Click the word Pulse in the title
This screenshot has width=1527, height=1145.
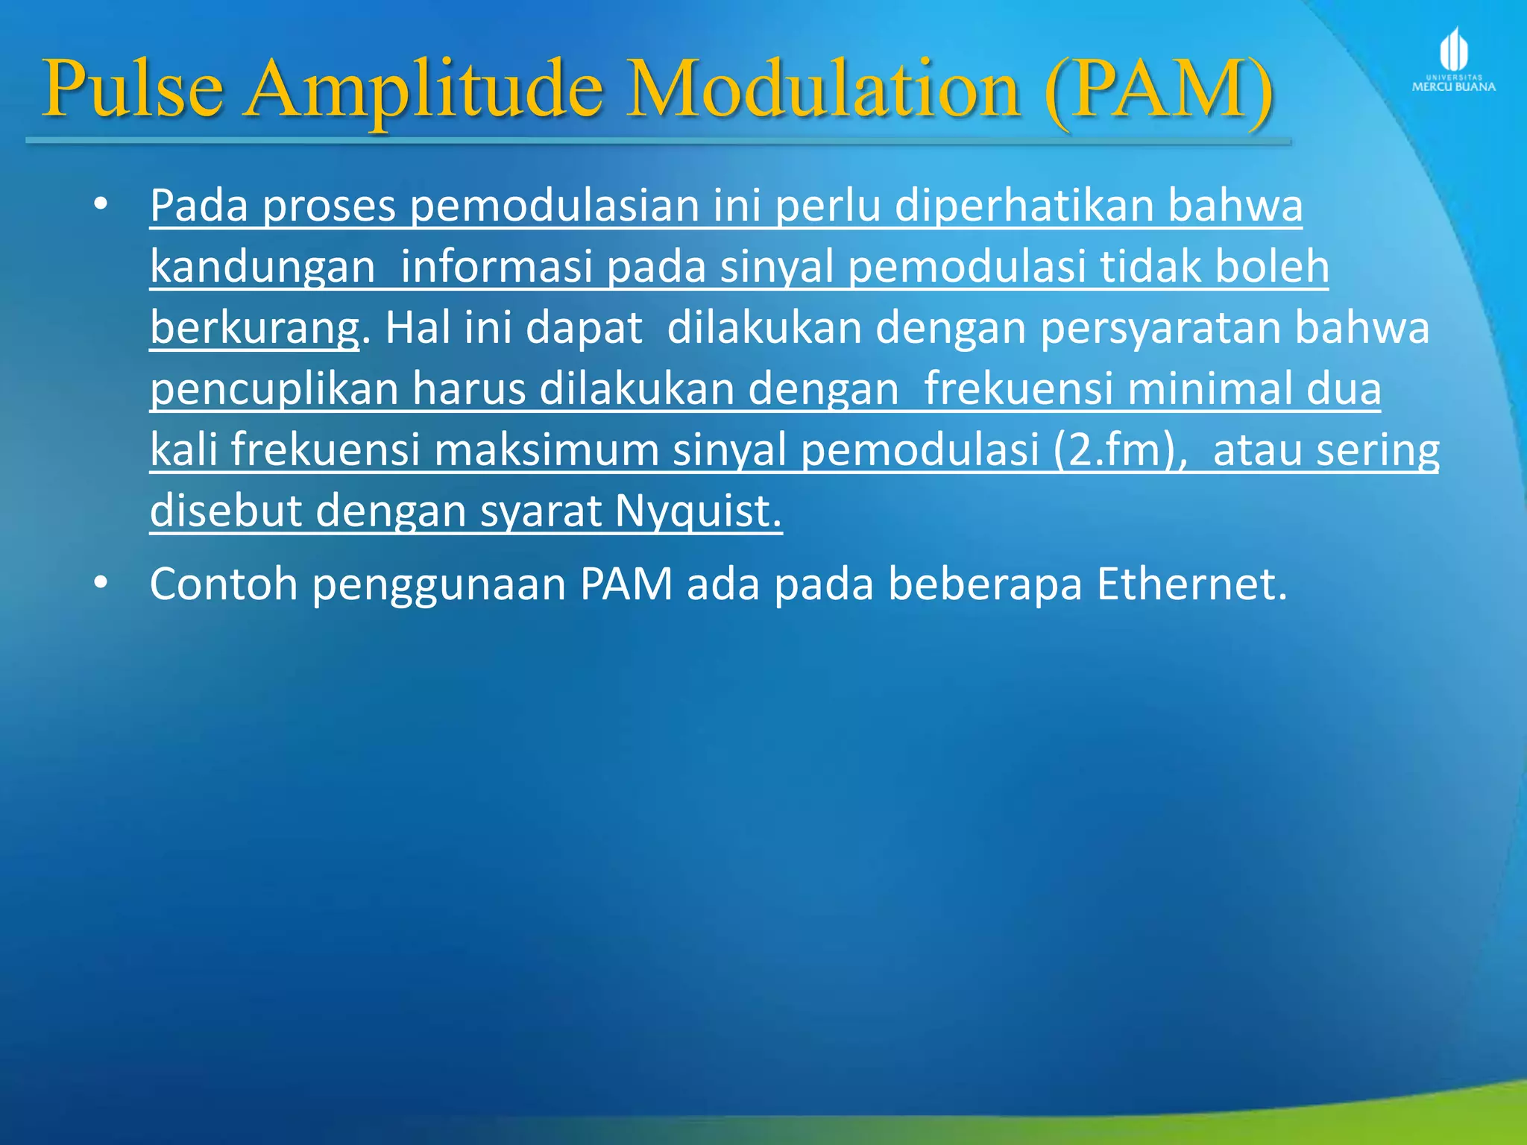[133, 89]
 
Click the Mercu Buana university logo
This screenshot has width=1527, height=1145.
[1453, 60]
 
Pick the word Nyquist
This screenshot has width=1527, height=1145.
[698, 511]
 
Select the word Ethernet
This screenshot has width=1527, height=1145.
[1191, 584]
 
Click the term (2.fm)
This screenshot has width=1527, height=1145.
[1120, 450]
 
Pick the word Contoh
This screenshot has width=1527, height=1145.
[224, 584]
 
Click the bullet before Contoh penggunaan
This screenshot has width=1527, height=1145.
[101, 584]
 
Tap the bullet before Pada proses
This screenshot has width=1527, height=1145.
[101, 204]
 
